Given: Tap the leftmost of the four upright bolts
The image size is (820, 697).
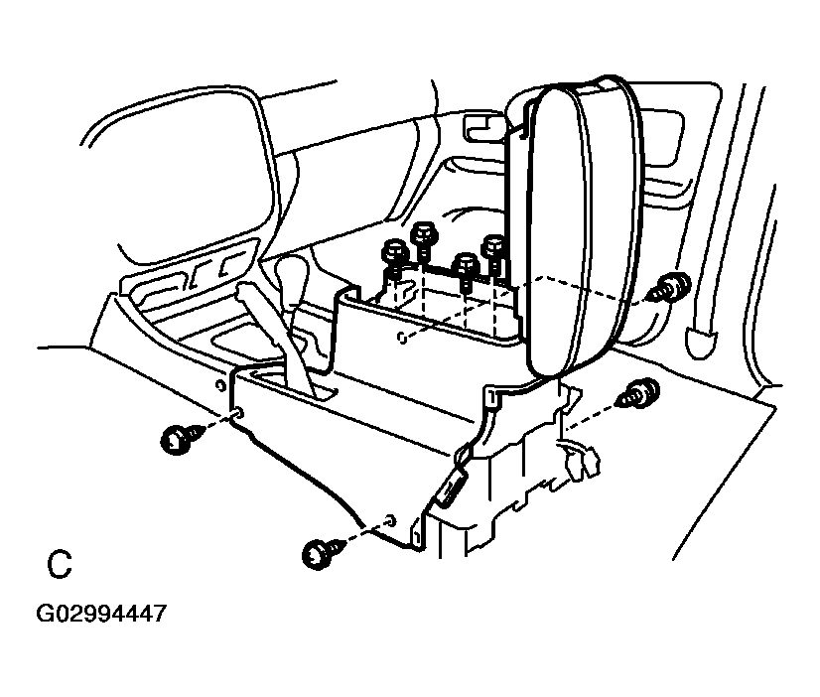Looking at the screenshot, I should (395, 259).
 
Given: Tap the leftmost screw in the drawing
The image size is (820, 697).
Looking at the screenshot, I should (180, 439).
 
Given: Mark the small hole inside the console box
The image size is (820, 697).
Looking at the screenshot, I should (400, 338).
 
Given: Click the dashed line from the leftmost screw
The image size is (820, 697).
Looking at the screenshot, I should (217, 425).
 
